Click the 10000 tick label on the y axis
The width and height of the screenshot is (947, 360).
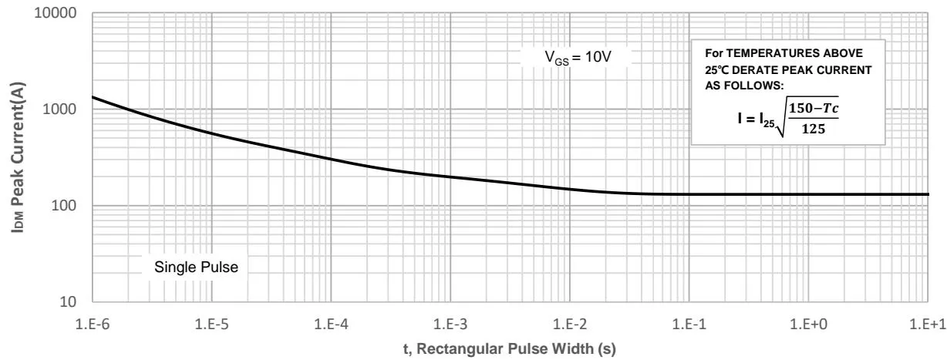click(x=60, y=15)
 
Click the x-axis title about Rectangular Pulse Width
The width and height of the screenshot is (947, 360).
click(x=509, y=347)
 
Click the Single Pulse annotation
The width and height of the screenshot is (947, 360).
click(x=197, y=268)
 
